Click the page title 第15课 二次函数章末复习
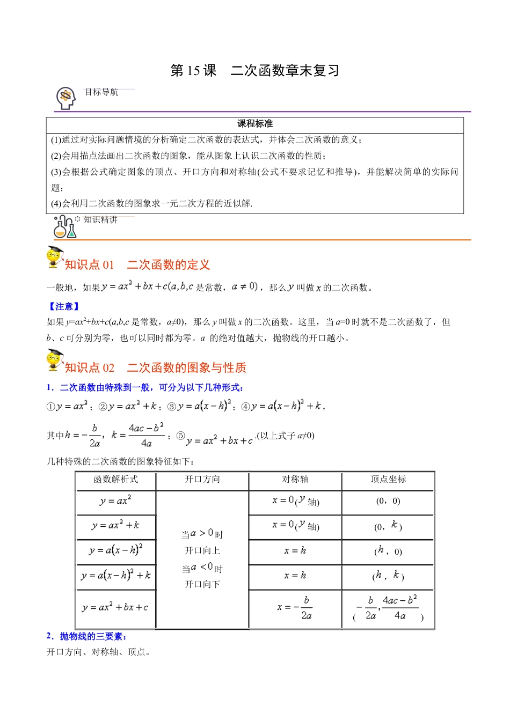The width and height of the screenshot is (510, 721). (x=255, y=71)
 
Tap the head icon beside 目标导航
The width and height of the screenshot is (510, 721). (x=66, y=98)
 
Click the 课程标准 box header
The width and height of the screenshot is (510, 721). (x=255, y=124)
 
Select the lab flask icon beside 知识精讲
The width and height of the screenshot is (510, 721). (x=64, y=227)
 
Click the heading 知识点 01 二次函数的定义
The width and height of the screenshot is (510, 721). (x=137, y=264)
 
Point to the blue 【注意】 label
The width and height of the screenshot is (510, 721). (x=64, y=306)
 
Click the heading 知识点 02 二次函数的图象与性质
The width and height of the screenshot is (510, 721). (x=155, y=367)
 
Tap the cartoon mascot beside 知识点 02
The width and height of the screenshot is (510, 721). (x=54, y=360)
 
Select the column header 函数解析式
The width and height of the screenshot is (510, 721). (x=116, y=480)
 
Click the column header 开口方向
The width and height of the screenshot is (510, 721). (x=202, y=480)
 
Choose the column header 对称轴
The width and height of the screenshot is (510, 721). (x=295, y=480)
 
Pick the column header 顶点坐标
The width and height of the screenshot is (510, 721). (x=388, y=480)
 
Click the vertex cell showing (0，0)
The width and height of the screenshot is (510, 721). (x=388, y=502)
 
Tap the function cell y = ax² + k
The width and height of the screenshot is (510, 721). (x=116, y=526)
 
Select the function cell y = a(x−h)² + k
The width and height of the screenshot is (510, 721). (x=116, y=576)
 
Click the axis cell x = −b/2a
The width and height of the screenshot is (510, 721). (x=295, y=608)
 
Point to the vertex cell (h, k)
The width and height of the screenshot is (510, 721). (x=388, y=576)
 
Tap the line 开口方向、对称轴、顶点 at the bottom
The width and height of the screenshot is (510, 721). (x=99, y=652)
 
